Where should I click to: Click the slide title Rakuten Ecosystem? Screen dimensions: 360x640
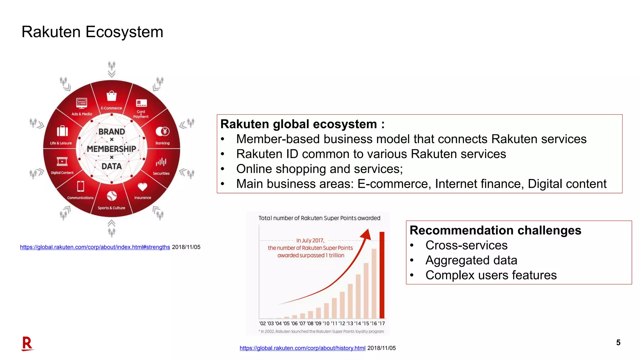coord(92,32)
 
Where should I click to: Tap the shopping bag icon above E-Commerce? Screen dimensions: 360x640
coord(112,96)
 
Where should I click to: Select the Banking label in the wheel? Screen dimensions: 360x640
coord(162,143)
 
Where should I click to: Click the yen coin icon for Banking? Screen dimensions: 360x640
coord(163,131)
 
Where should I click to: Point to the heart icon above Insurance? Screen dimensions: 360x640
coord(142,187)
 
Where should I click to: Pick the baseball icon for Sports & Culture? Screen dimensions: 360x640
coord(112,196)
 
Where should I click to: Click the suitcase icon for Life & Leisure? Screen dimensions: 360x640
coord(62,131)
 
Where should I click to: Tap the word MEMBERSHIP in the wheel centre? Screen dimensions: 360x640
coord(112,149)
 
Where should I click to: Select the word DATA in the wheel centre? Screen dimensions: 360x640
coord(112,166)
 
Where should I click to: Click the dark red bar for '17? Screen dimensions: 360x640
coord(382,275)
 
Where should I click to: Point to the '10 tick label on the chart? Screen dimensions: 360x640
coord(326,323)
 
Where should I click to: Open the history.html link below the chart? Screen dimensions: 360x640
coord(302,348)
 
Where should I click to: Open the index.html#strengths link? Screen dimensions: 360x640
coord(95,247)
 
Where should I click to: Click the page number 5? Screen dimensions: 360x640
coord(618,342)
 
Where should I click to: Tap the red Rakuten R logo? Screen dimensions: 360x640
coord(27,343)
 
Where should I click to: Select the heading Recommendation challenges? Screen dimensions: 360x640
coord(495,230)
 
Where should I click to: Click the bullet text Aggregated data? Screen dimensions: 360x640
coord(471,260)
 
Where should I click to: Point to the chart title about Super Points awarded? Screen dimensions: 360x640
coord(319,218)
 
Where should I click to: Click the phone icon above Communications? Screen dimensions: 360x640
coord(81,186)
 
